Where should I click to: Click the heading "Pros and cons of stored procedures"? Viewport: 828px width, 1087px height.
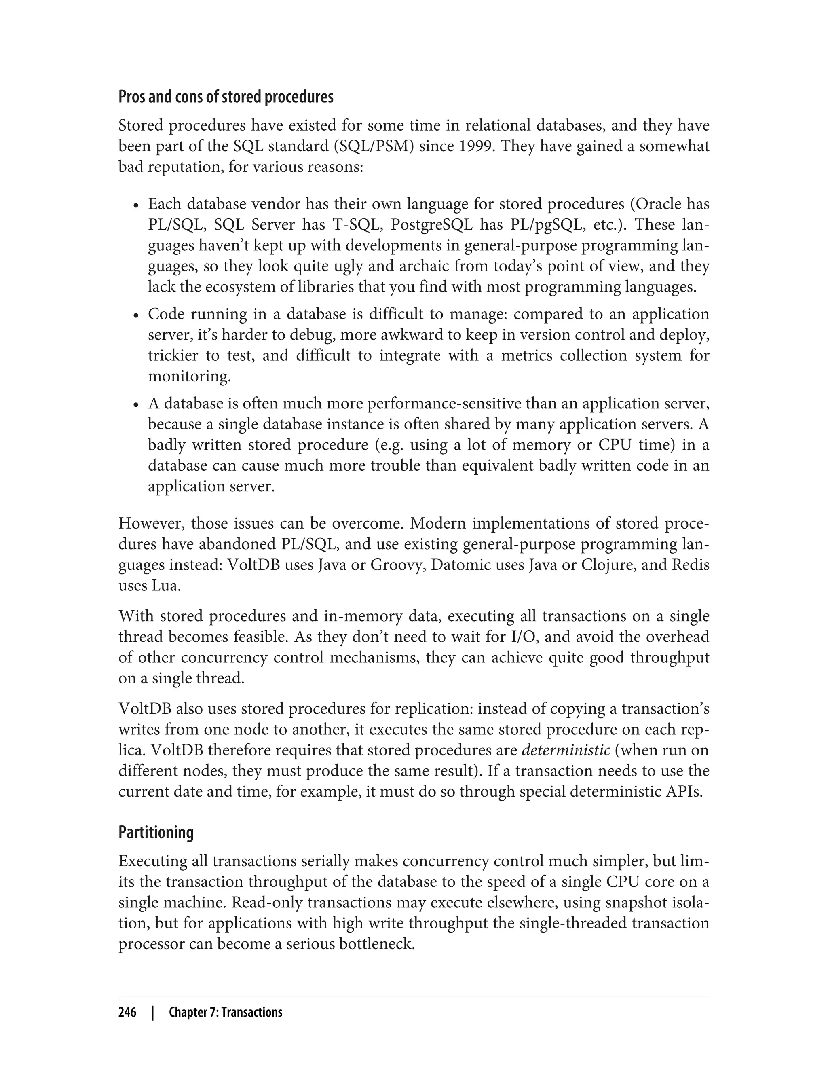[226, 97]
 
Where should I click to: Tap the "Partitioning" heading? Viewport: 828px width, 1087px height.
[156, 832]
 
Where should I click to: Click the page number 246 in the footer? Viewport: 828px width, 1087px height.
[127, 1013]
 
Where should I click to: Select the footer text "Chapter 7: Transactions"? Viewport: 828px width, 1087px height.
[225, 1013]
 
